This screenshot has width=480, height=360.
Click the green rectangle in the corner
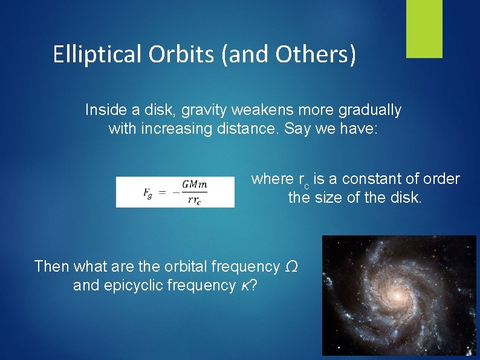click(x=424, y=28)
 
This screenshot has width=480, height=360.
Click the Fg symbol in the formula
click(x=148, y=192)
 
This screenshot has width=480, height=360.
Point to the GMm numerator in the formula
click(x=194, y=185)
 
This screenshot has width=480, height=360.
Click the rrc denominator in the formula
click(x=194, y=201)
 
